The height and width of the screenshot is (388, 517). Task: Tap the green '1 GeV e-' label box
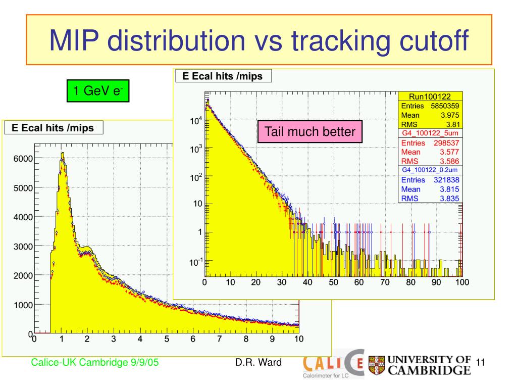98,91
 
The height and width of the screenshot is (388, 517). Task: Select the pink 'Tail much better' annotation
310,132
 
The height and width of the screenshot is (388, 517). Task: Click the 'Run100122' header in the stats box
430,96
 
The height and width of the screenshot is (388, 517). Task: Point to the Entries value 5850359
445,106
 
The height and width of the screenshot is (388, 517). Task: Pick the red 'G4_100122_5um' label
430,133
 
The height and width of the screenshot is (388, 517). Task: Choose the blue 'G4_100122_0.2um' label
430,170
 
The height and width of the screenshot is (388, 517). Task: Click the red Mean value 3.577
449,152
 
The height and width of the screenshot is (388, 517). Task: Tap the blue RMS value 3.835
449,198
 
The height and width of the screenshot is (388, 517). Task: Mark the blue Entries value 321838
446,180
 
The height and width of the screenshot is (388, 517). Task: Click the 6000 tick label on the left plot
23,158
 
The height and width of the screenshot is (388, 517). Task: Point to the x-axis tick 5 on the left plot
167,339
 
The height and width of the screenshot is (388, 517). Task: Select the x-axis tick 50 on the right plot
333,282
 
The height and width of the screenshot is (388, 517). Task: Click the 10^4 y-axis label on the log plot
196,120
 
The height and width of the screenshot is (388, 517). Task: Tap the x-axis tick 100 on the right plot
462,282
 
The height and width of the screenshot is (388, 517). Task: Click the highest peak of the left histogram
62,153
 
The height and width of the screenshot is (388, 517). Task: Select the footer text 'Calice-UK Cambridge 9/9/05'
94,362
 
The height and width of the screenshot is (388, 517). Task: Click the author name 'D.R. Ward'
258,362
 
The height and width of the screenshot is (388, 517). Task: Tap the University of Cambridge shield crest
377,365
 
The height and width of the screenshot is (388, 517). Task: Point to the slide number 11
481,362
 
